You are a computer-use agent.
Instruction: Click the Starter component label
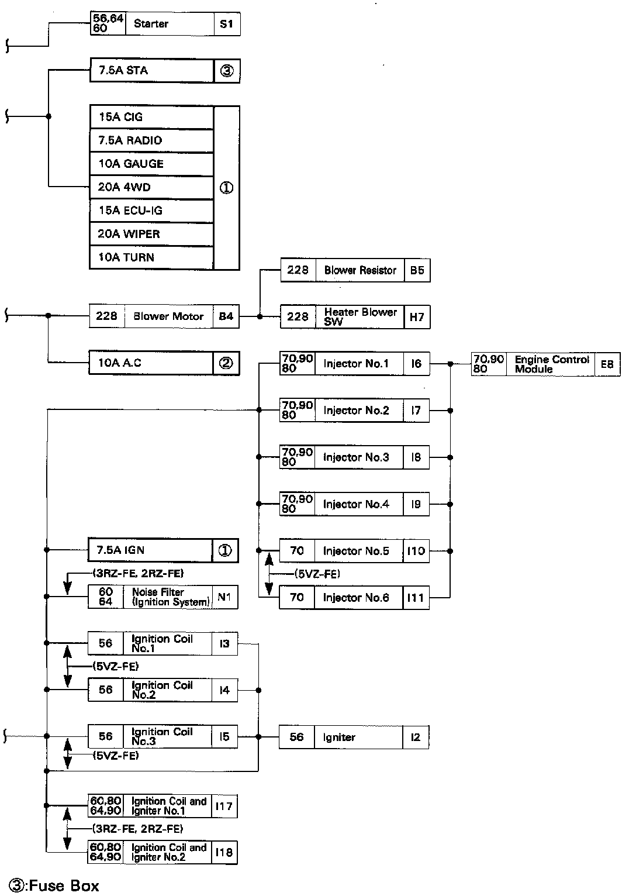click(151, 24)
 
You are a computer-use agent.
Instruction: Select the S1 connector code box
click(227, 24)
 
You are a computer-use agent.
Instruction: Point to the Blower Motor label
click(168, 316)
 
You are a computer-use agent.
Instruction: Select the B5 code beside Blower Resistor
click(417, 270)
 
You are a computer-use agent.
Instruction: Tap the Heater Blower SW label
click(360, 316)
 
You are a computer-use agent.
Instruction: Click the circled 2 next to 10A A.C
click(226, 363)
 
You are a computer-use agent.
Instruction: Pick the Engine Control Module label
click(551, 364)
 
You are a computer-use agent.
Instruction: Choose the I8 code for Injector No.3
click(416, 457)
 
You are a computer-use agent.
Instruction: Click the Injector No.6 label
click(355, 598)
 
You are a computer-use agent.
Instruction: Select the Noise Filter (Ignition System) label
click(170, 597)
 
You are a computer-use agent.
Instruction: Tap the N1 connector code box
click(224, 597)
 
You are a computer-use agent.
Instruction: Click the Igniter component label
click(339, 738)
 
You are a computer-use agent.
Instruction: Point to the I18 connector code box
click(224, 852)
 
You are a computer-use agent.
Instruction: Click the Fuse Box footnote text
click(54, 886)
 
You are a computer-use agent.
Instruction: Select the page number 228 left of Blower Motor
click(106, 316)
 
